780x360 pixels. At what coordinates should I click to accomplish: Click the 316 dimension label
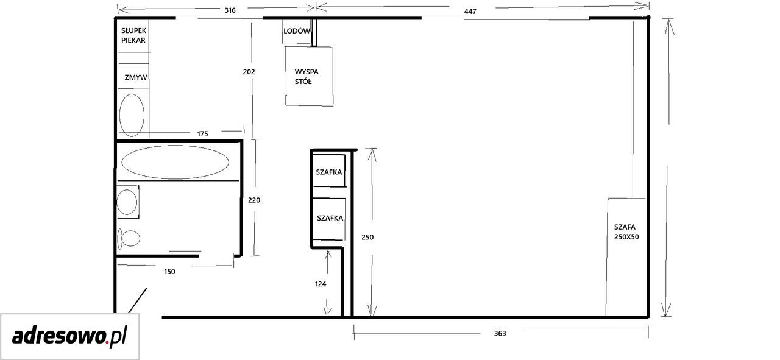pos(230,10)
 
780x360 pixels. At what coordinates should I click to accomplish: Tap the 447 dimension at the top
pos(470,12)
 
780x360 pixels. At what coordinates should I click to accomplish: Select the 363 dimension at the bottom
pos(500,334)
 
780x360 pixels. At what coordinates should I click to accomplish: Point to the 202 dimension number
pos(249,72)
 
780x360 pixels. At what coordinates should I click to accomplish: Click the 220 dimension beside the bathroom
pos(254,200)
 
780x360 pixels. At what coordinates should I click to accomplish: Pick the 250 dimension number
pos(367,237)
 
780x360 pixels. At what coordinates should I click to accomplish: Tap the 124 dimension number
pos(321,284)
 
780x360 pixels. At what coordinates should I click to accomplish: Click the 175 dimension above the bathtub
pos(202,133)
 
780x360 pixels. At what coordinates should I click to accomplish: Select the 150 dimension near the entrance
pos(169,272)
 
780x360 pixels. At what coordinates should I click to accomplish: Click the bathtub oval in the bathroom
pos(175,162)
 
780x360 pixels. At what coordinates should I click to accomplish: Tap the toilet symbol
pos(129,239)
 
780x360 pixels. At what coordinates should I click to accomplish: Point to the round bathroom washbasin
pos(126,202)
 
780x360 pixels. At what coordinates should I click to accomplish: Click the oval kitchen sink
pos(132,115)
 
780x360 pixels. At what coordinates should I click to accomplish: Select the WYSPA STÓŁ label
pos(307,77)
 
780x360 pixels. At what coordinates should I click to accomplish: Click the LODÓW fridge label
pos(297,31)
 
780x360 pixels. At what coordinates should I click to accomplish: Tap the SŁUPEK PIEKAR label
pos(133,35)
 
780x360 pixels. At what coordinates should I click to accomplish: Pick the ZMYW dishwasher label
pos(136,77)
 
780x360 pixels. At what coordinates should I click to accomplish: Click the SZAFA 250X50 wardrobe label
pos(626,232)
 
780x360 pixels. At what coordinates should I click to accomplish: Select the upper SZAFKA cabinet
pos(329,172)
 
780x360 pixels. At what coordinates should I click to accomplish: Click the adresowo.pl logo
pos(69,337)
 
